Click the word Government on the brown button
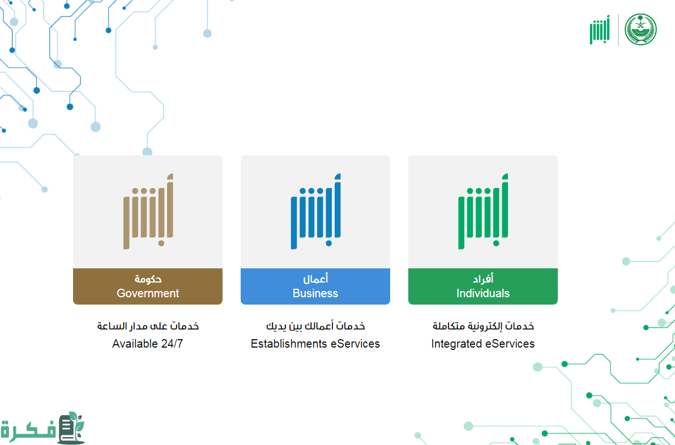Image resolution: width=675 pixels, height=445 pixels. point(148,293)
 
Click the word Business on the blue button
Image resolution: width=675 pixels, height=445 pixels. point(315,293)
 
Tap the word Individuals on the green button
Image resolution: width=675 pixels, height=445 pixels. point(482,293)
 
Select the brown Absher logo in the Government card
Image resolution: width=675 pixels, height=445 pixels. point(148,211)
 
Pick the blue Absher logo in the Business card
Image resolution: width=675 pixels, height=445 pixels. point(315,211)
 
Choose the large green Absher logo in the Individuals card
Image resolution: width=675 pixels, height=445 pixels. point(483,211)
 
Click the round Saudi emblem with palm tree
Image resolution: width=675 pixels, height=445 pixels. point(640,29)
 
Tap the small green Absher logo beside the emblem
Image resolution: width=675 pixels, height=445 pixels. point(600,29)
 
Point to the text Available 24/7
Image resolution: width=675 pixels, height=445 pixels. point(148,344)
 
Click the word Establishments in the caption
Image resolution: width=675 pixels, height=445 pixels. point(283,344)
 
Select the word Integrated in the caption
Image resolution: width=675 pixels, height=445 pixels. point(456,344)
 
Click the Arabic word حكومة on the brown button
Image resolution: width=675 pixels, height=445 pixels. point(148,279)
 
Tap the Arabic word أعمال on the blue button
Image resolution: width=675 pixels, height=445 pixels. point(315,279)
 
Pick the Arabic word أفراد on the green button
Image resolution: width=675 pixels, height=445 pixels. point(483,279)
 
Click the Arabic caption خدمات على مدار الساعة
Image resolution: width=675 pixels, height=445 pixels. point(148,326)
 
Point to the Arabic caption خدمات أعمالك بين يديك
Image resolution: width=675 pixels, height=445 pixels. point(315,326)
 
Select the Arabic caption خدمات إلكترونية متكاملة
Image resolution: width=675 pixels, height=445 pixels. point(483,326)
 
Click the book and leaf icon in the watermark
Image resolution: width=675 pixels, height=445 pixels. point(71,427)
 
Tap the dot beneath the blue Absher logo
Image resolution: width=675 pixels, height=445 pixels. point(329,243)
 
